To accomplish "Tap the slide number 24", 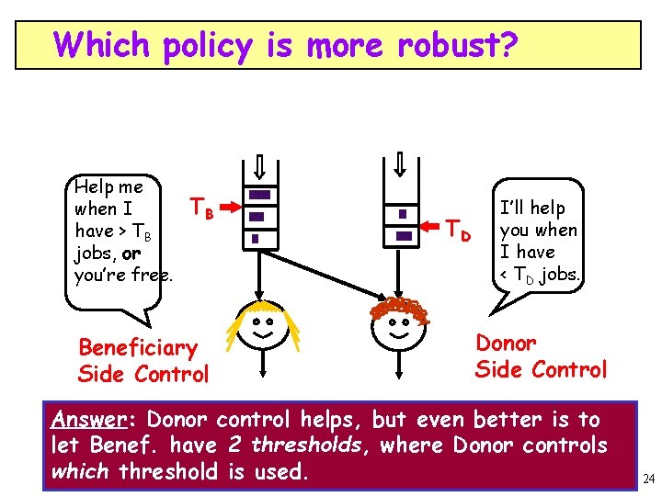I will (x=649, y=479).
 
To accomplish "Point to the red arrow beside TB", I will (x=231, y=210).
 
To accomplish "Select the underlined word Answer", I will (x=87, y=421).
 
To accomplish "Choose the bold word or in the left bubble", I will (x=131, y=254).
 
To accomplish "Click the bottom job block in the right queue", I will (x=403, y=236).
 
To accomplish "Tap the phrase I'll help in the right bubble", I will (x=532, y=209).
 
